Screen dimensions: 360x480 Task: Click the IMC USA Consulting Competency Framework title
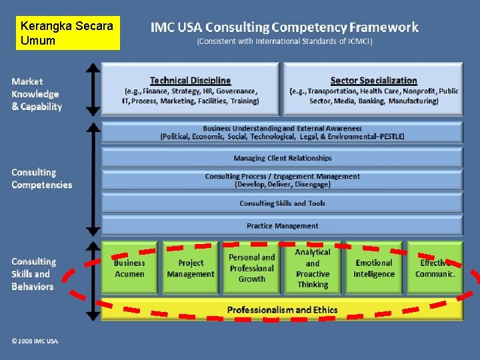[285, 28]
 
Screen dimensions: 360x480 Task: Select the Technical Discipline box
[190, 90]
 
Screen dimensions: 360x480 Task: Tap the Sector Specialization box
[373, 90]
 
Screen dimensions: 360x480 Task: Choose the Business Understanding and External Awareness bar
[282, 132]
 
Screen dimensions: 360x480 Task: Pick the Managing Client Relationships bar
[282, 158]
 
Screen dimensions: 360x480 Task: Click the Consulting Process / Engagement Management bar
[282, 180]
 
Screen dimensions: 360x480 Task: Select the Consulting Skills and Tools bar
[282, 203]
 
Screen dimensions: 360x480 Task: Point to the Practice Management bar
[282, 226]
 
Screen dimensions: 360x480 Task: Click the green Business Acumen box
[129, 268]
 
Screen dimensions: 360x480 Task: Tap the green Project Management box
[191, 268]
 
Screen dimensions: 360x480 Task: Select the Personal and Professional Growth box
[251, 268]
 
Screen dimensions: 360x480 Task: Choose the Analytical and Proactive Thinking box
[313, 268]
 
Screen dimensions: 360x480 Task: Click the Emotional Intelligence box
[374, 268]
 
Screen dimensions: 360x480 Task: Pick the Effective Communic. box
[435, 268]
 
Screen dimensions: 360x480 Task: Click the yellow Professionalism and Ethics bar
[282, 309]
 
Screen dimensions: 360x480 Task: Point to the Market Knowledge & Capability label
[37, 94]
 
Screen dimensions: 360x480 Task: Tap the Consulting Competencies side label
[41, 179]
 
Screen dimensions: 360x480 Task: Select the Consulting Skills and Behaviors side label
[33, 274]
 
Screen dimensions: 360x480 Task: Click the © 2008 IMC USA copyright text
[35, 341]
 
